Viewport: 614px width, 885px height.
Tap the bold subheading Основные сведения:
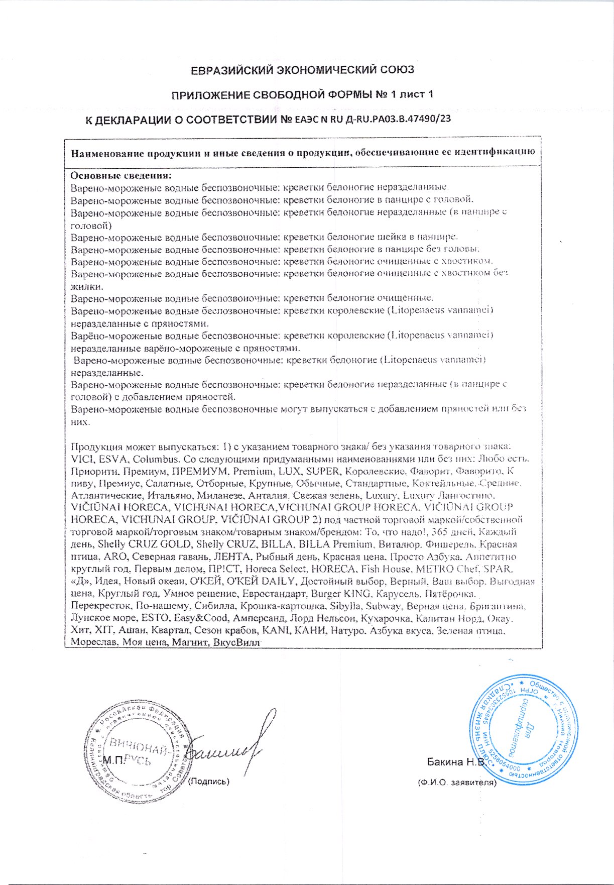pyautogui.click(x=121, y=175)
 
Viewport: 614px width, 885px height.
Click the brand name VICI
pyautogui.click(x=82, y=459)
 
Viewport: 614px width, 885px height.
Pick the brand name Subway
pyautogui.click(x=383, y=606)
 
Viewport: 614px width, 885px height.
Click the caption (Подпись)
pyautogui.click(x=209, y=782)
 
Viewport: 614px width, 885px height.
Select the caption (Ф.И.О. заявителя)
pyautogui.click(x=457, y=783)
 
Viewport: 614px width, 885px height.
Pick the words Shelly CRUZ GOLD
pyautogui.click(x=145, y=544)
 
